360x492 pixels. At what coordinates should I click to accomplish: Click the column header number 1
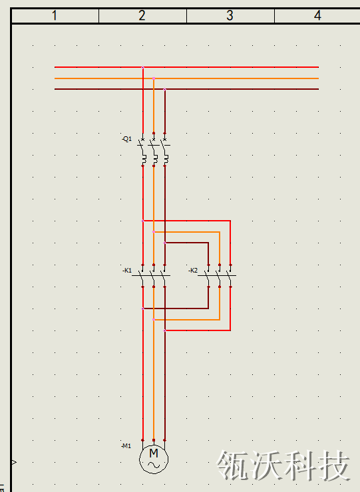click(x=55, y=15)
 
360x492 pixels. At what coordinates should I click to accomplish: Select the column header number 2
click(x=142, y=15)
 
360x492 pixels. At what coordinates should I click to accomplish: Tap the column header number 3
click(x=230, y=15)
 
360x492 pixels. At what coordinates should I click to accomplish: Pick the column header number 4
click(x=317, y=15)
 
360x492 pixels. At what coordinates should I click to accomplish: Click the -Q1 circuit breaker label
click(x=127, y=139)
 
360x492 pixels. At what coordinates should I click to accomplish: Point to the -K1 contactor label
click(x=127, y=270)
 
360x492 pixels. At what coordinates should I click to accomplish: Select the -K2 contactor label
click(x=193, y=270)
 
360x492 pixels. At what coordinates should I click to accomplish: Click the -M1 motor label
click(x=126, y=446)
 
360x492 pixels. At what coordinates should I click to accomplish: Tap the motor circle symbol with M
click(x=154, y=459)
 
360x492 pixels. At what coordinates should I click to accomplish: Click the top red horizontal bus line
click(x=186, y=67)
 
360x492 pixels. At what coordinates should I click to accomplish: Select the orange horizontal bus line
click(x=186, y=78)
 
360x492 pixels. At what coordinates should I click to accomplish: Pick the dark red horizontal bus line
click(x=186, y=89)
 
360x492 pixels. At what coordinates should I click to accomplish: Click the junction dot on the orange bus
click(x=154, y=78)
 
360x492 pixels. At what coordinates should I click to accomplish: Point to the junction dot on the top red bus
click(x=143, y=67)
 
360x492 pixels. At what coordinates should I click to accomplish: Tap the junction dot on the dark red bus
click(x=164, y=90)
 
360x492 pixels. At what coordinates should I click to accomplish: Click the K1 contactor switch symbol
click(x=151, y=276)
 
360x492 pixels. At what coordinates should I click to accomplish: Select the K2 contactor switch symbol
click(x=217, y=276)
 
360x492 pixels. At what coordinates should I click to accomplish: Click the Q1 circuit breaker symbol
click(x=154, y=150)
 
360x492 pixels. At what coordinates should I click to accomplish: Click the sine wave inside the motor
click(x=154, y=465)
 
